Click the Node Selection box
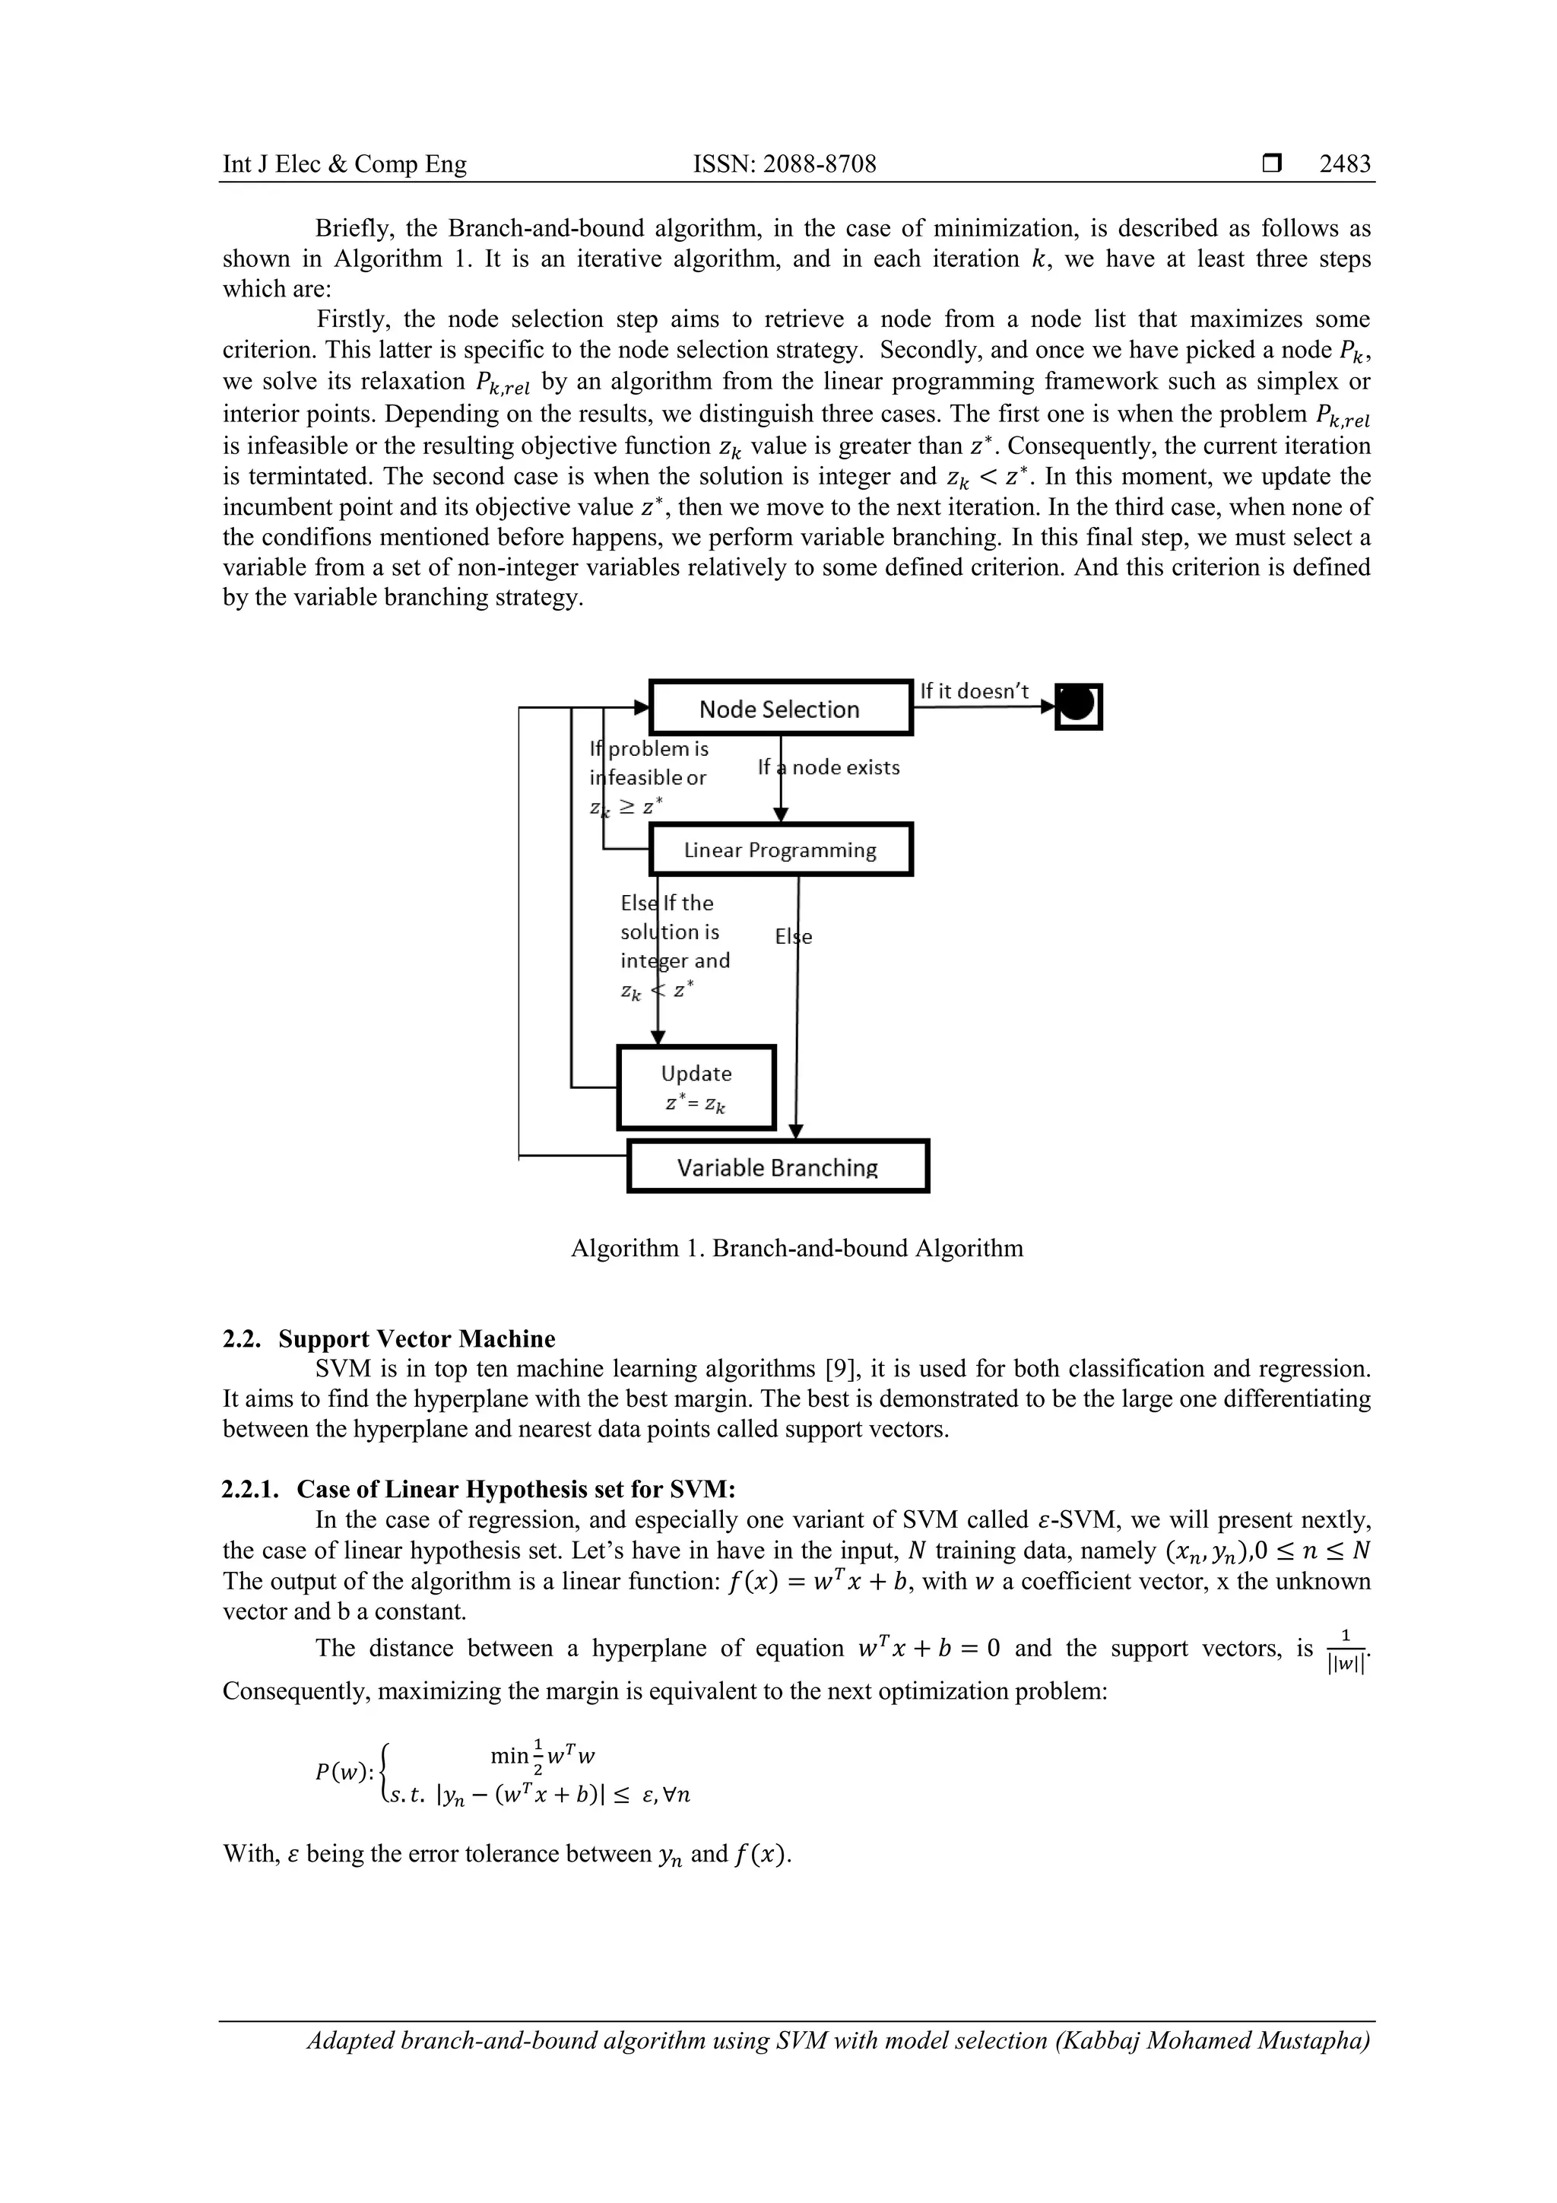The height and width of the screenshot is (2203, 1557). click(x=780, y=709)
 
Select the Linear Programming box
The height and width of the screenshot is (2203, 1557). click(x=780, y=850)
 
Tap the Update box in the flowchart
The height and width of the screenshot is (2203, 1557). click(x=696, y=1087)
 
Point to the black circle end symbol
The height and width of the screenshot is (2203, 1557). click(x=1078, y=706)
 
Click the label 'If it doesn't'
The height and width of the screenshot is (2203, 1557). click(x=974, y=690)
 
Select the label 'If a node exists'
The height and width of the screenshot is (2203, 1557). click(x=829, y=767)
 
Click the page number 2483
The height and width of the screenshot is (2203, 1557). click(x=1344, y=164)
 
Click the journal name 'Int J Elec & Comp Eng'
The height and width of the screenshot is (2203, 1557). click(x=344, y=164)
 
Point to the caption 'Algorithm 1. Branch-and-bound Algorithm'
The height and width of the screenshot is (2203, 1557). click(x=796, y=1249)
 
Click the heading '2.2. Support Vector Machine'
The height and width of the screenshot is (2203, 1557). click(x=388, y=1338)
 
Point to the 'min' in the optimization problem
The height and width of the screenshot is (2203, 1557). click(x=509, y=1756)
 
